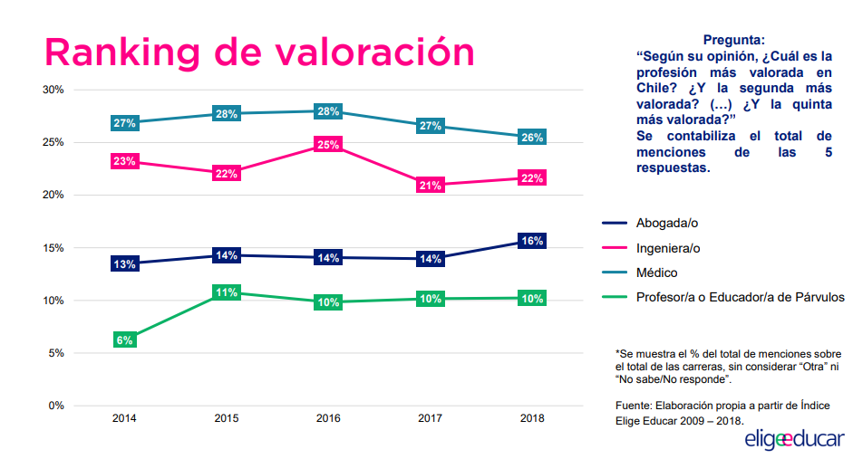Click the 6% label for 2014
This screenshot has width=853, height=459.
tap(124, 340)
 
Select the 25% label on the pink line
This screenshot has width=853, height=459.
tap(328, 144)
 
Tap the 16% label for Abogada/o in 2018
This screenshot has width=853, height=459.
tap(532, 241)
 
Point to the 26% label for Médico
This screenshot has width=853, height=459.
tap(532, 138)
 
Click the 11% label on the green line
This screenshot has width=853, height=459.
tap(226, 292)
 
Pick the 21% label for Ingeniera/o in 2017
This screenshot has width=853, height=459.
tap(431, 186)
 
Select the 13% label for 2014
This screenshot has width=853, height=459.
tap(124, 264)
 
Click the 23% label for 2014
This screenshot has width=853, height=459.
tap(124, 161)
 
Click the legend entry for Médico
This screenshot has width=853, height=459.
tap(656, 273)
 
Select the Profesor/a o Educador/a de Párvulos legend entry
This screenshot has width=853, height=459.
tap(740, 297)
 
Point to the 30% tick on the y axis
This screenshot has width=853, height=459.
tap(53, 90)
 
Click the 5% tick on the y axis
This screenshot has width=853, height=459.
tap(55, 352)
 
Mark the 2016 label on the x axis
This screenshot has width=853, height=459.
tap(328, 418)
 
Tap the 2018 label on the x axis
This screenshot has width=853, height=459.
tap(532, 418)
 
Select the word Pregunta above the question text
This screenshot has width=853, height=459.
tap(733, 40)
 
